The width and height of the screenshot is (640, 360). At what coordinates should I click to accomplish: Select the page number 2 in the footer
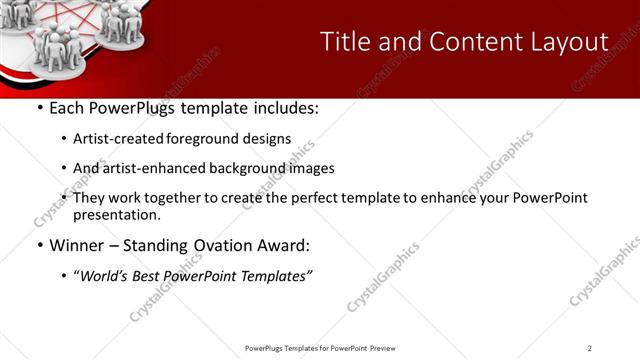tap(590, 348)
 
